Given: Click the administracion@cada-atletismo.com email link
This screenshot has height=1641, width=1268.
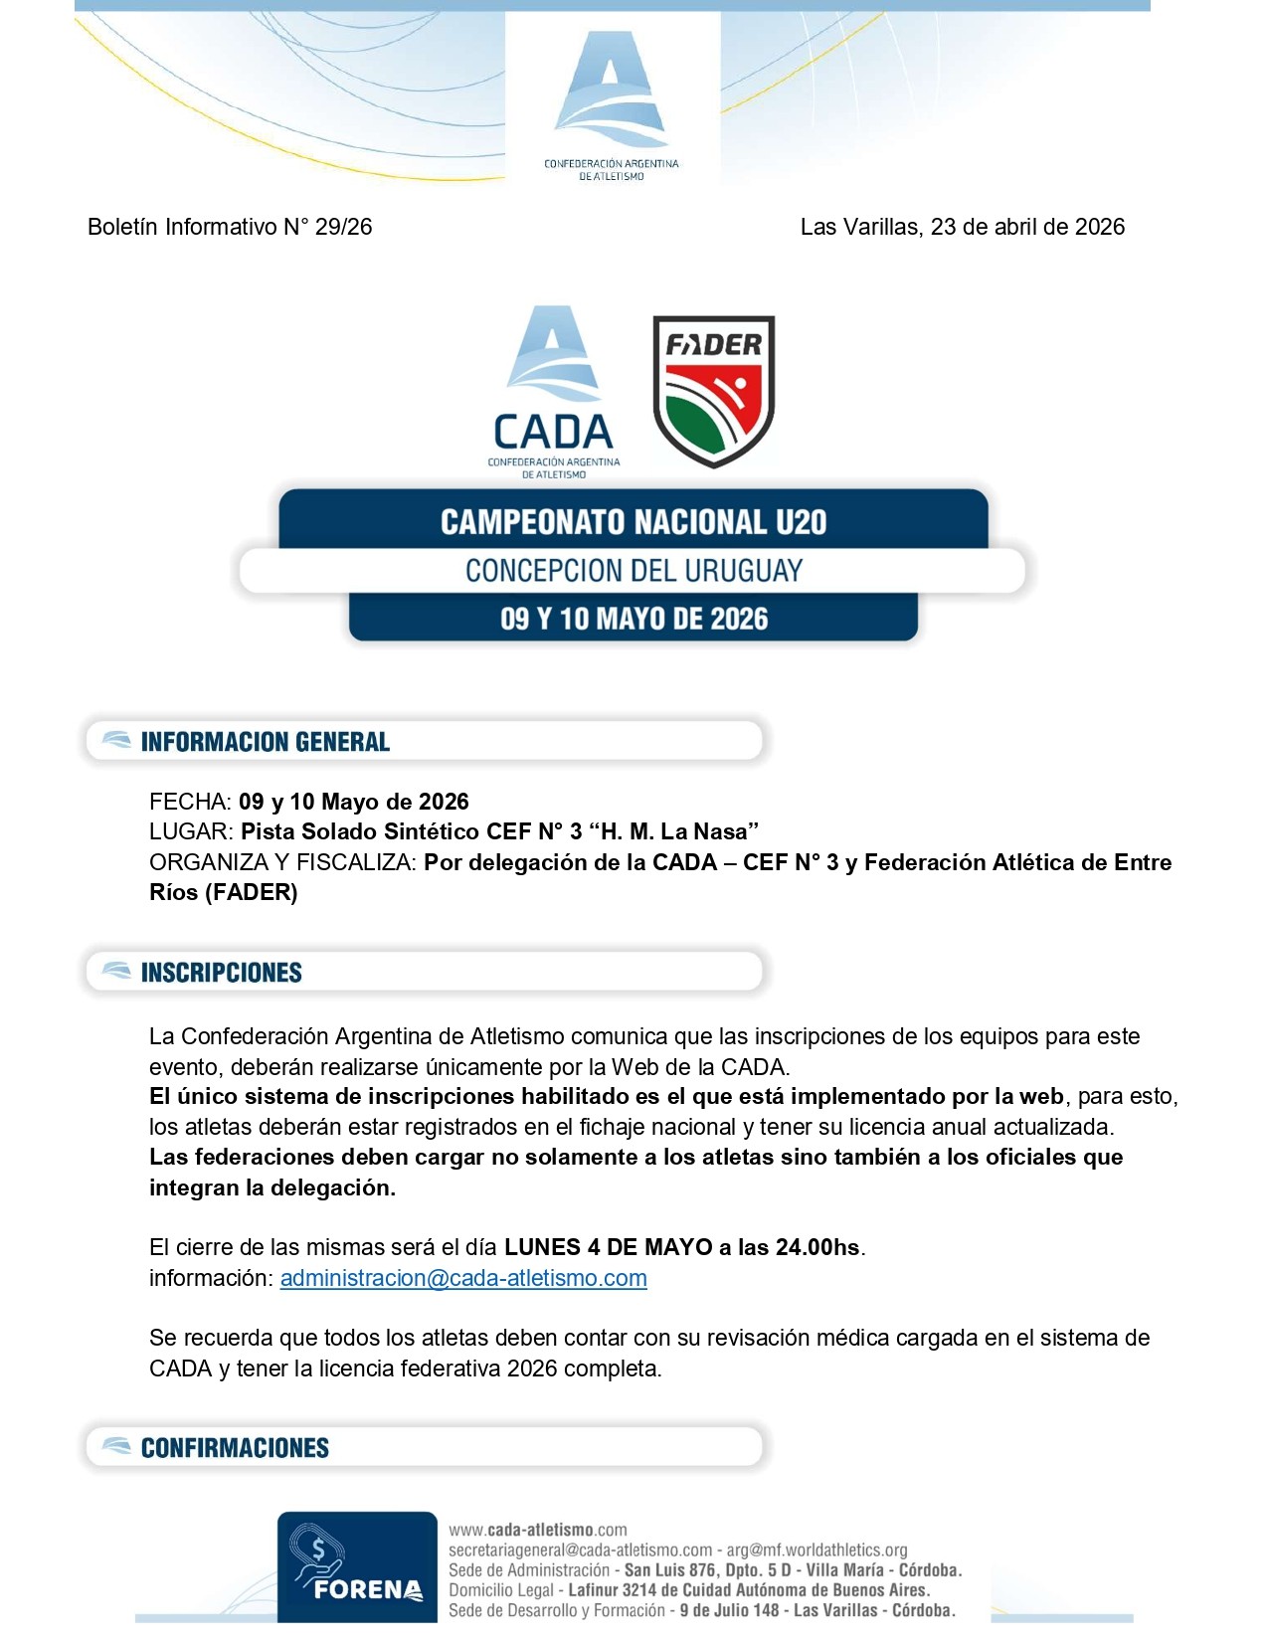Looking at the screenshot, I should [463, 1278].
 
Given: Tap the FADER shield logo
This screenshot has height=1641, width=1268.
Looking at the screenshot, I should [713, 390].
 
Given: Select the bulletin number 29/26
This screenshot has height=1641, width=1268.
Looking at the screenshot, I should [343, 227].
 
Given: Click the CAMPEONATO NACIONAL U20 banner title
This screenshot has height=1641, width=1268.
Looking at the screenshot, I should [634, 522].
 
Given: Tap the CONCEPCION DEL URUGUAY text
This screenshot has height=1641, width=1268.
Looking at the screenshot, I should [634, 571].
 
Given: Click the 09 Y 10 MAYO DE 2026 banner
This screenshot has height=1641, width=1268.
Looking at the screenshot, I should [634, 619].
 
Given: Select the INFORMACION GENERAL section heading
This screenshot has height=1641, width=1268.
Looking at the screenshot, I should [265, 742].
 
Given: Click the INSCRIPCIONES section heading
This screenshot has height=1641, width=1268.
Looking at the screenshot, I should [221, 973].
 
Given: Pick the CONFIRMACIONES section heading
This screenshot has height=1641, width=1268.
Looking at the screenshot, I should [235, 1448].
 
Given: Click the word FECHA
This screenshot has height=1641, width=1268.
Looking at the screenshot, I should [189, 802].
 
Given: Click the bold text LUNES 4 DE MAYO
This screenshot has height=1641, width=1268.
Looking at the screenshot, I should [609, 1247].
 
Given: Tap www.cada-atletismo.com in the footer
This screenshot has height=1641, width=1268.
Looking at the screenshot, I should [538, 1530].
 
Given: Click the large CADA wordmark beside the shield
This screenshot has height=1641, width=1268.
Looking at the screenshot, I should [553, 433].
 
